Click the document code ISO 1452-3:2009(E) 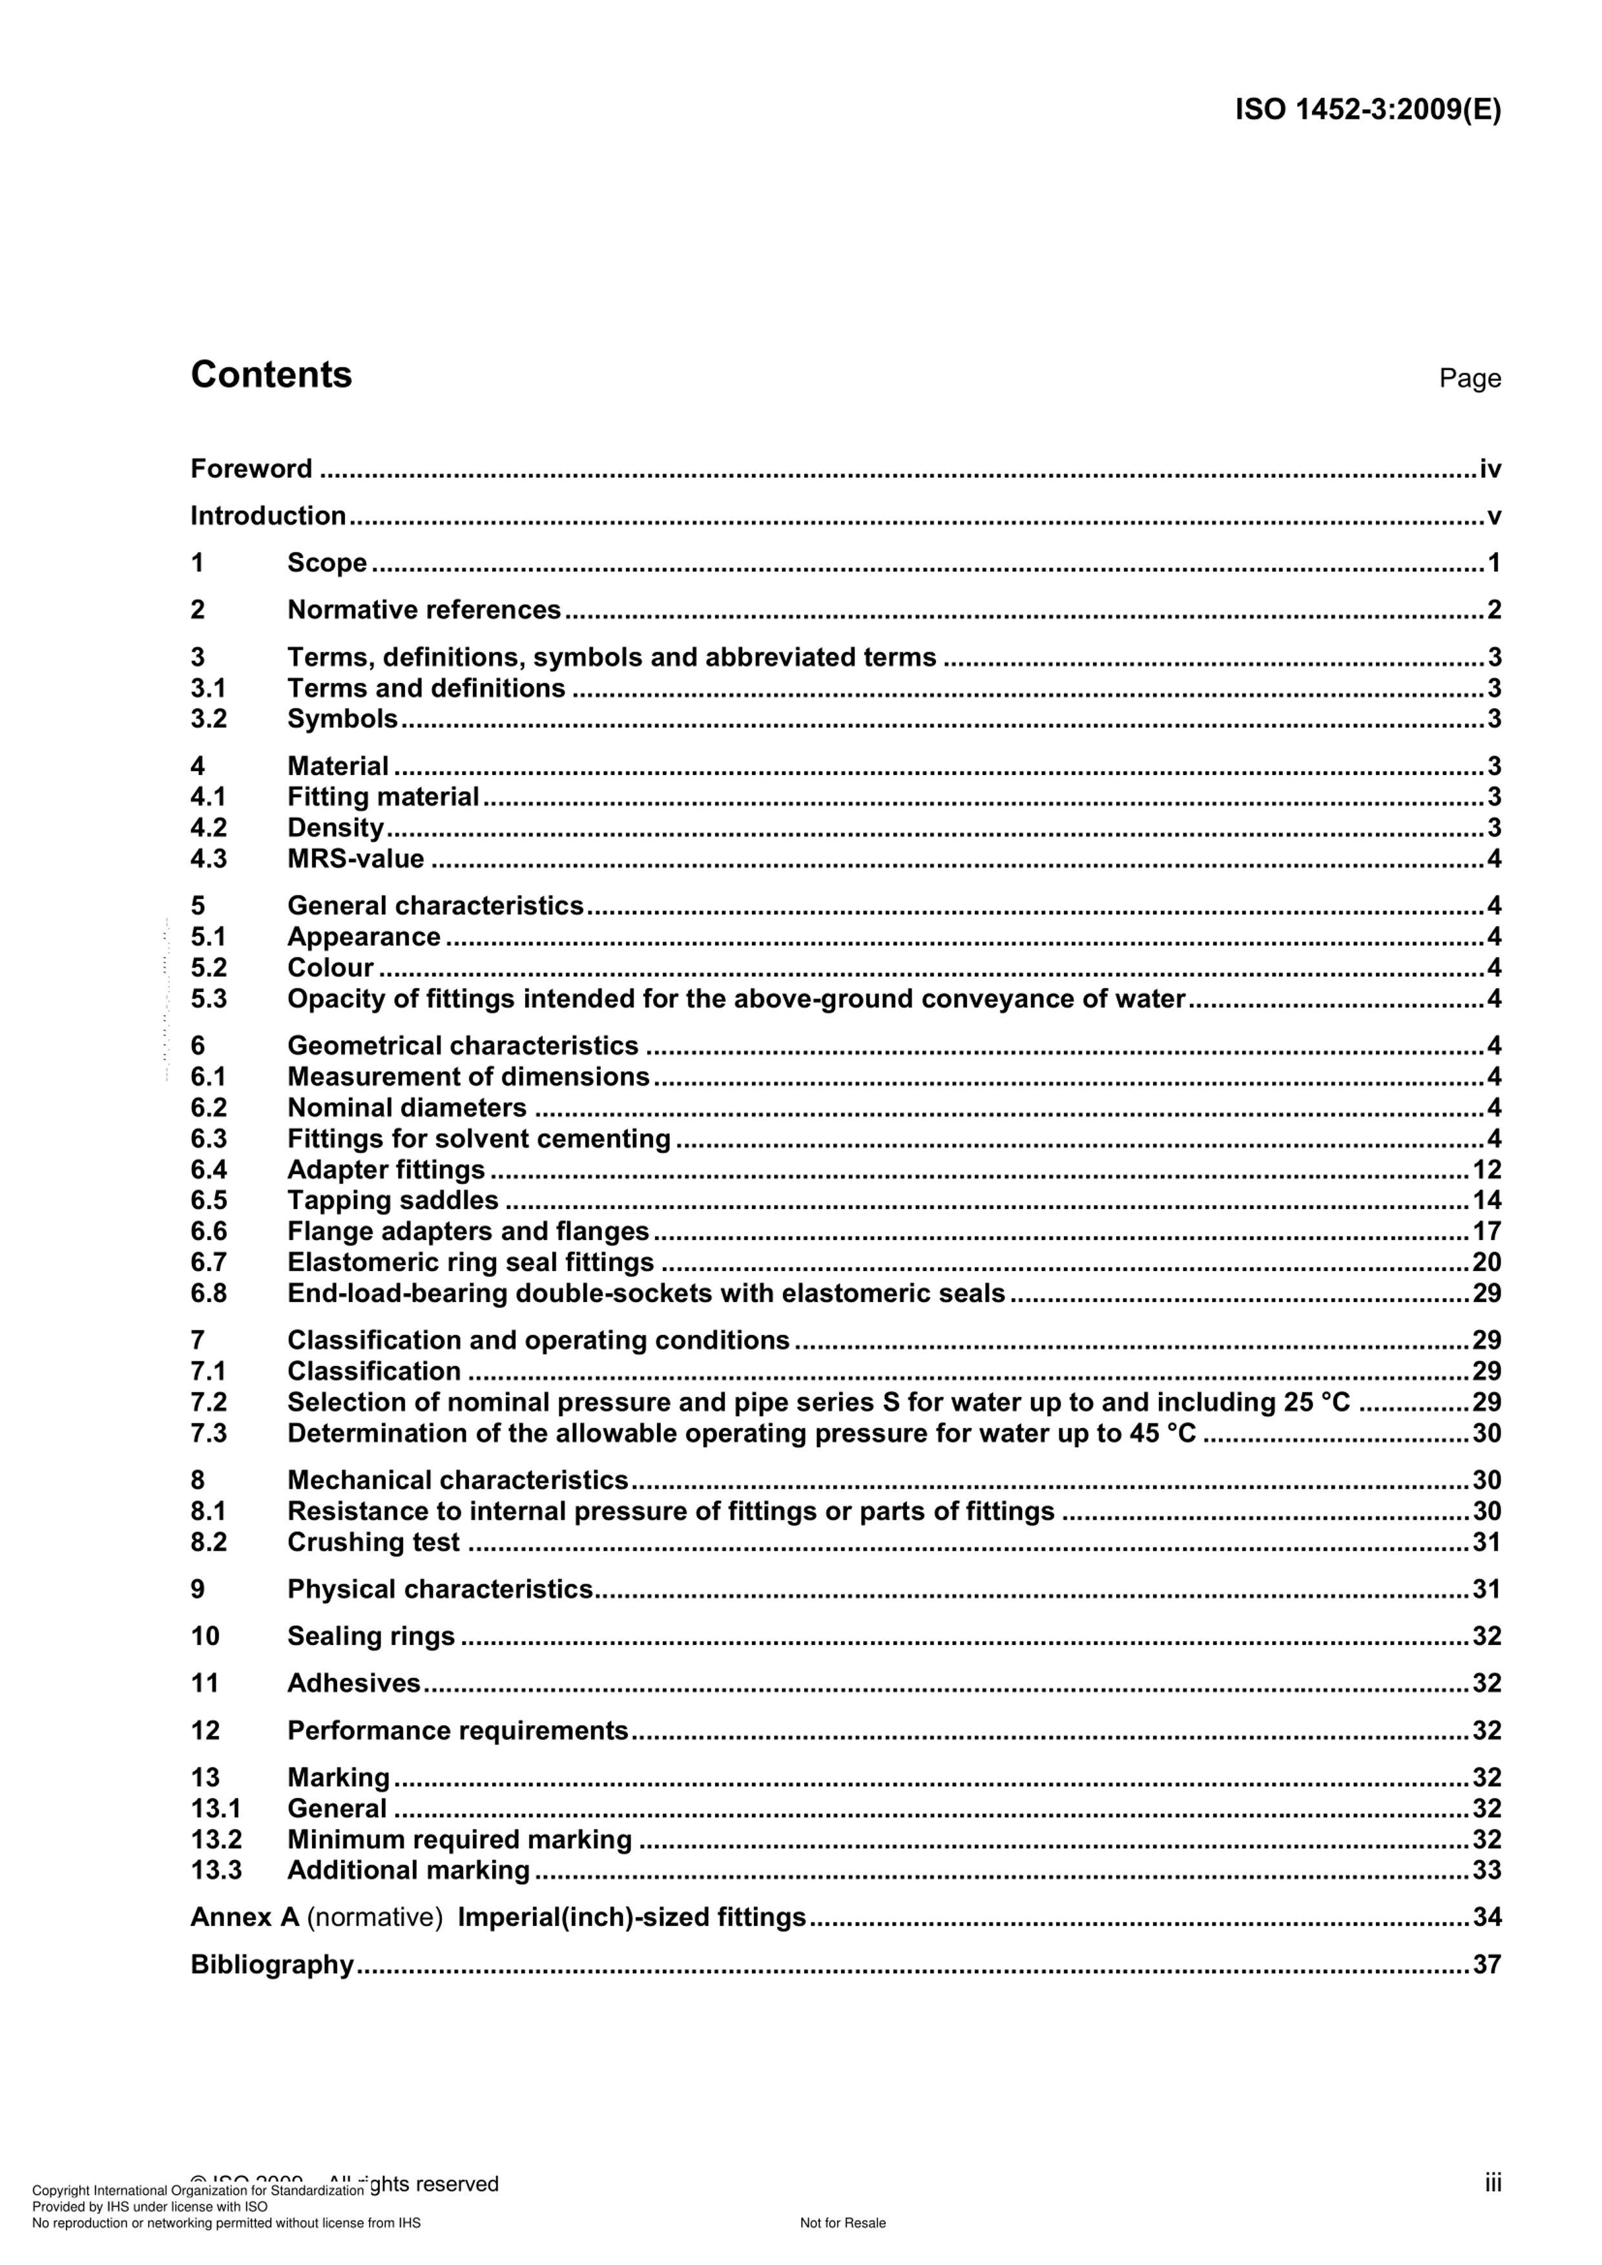(x=1368, y=110)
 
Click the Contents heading (x=271, y=375)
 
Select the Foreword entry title (x=251, y=469)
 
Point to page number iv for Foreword (x=1490, y=469)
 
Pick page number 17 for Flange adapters (x=1486, y=1231)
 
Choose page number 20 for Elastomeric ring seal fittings (x=1486, y=1262)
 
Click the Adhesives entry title (x=354, y=1683)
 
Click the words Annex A (x=245, y=1917)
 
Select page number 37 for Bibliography (x=1486, y=1964)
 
